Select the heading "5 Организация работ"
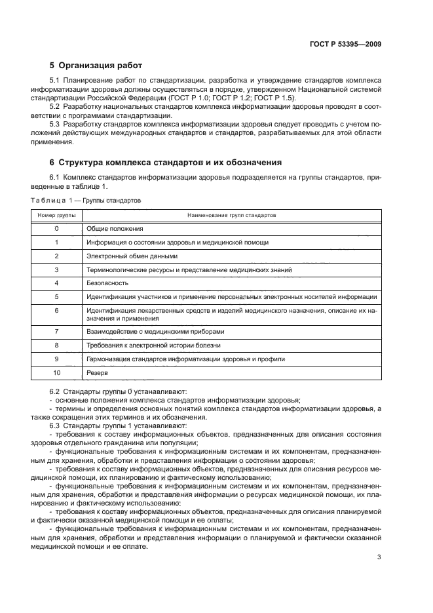96,66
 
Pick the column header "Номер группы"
56,215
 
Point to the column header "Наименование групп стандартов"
231,215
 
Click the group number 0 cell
56,229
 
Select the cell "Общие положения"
115,229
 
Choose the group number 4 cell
56,283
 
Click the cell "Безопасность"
107,283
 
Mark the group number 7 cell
56,331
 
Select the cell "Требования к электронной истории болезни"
153,345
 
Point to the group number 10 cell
56,372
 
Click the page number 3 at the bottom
379,558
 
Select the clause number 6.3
55,425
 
